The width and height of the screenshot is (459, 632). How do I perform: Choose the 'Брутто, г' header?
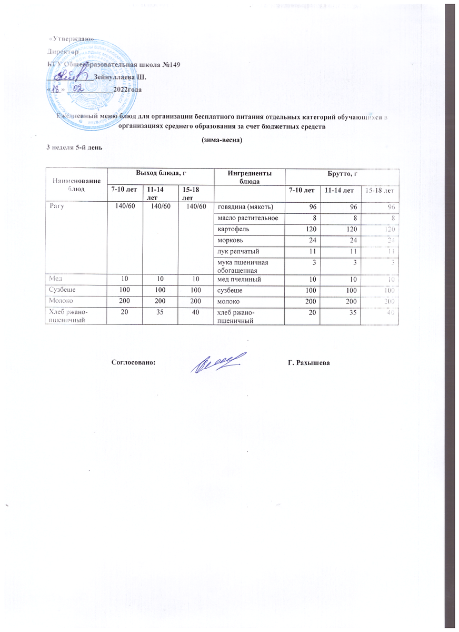coord(342,173)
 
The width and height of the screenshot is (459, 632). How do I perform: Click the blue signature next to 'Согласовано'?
coord(217,363)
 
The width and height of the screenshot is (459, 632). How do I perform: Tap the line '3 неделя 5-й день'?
coord(74,147)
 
